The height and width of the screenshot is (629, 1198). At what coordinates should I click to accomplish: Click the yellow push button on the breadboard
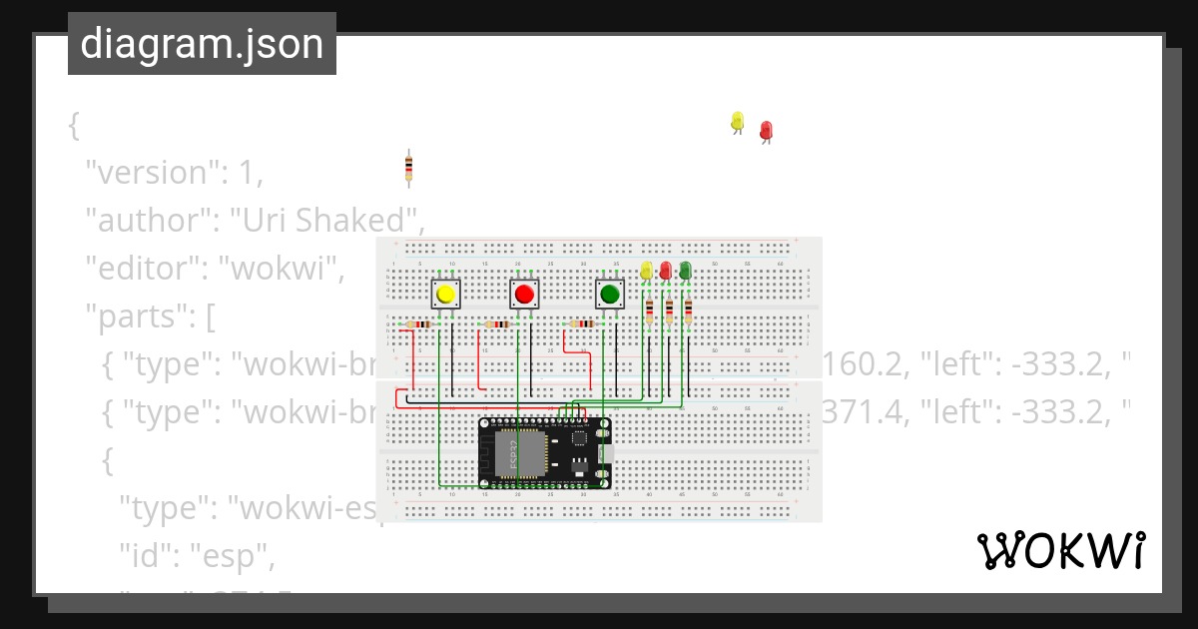tap(445, 294)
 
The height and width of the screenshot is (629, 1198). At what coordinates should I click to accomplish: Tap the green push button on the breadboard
tap(610, 294)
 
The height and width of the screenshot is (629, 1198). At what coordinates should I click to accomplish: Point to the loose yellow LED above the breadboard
tap(738, 122)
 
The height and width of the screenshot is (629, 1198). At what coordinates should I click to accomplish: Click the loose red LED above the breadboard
tap(766, 131)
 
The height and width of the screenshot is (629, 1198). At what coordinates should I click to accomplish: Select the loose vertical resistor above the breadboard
tap(408, 169)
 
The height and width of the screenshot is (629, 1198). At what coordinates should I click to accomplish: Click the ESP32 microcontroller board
tap(544, 452)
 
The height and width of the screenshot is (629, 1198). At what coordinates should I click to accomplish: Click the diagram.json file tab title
tap(202, 44)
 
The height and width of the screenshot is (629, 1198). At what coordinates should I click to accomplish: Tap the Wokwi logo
tap(1060, 550)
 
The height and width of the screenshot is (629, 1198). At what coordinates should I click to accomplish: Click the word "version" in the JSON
tap(150, 173)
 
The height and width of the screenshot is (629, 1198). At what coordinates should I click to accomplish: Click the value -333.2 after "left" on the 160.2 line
tap(1057, 364)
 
